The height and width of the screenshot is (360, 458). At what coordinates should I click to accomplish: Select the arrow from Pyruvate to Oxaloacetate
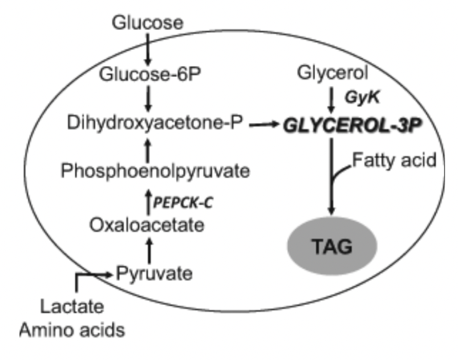pyautogui.click(x=148, y=249)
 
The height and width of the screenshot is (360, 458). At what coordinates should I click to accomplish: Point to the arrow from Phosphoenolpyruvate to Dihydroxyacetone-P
pyautogui.click(x=148, y=149)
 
